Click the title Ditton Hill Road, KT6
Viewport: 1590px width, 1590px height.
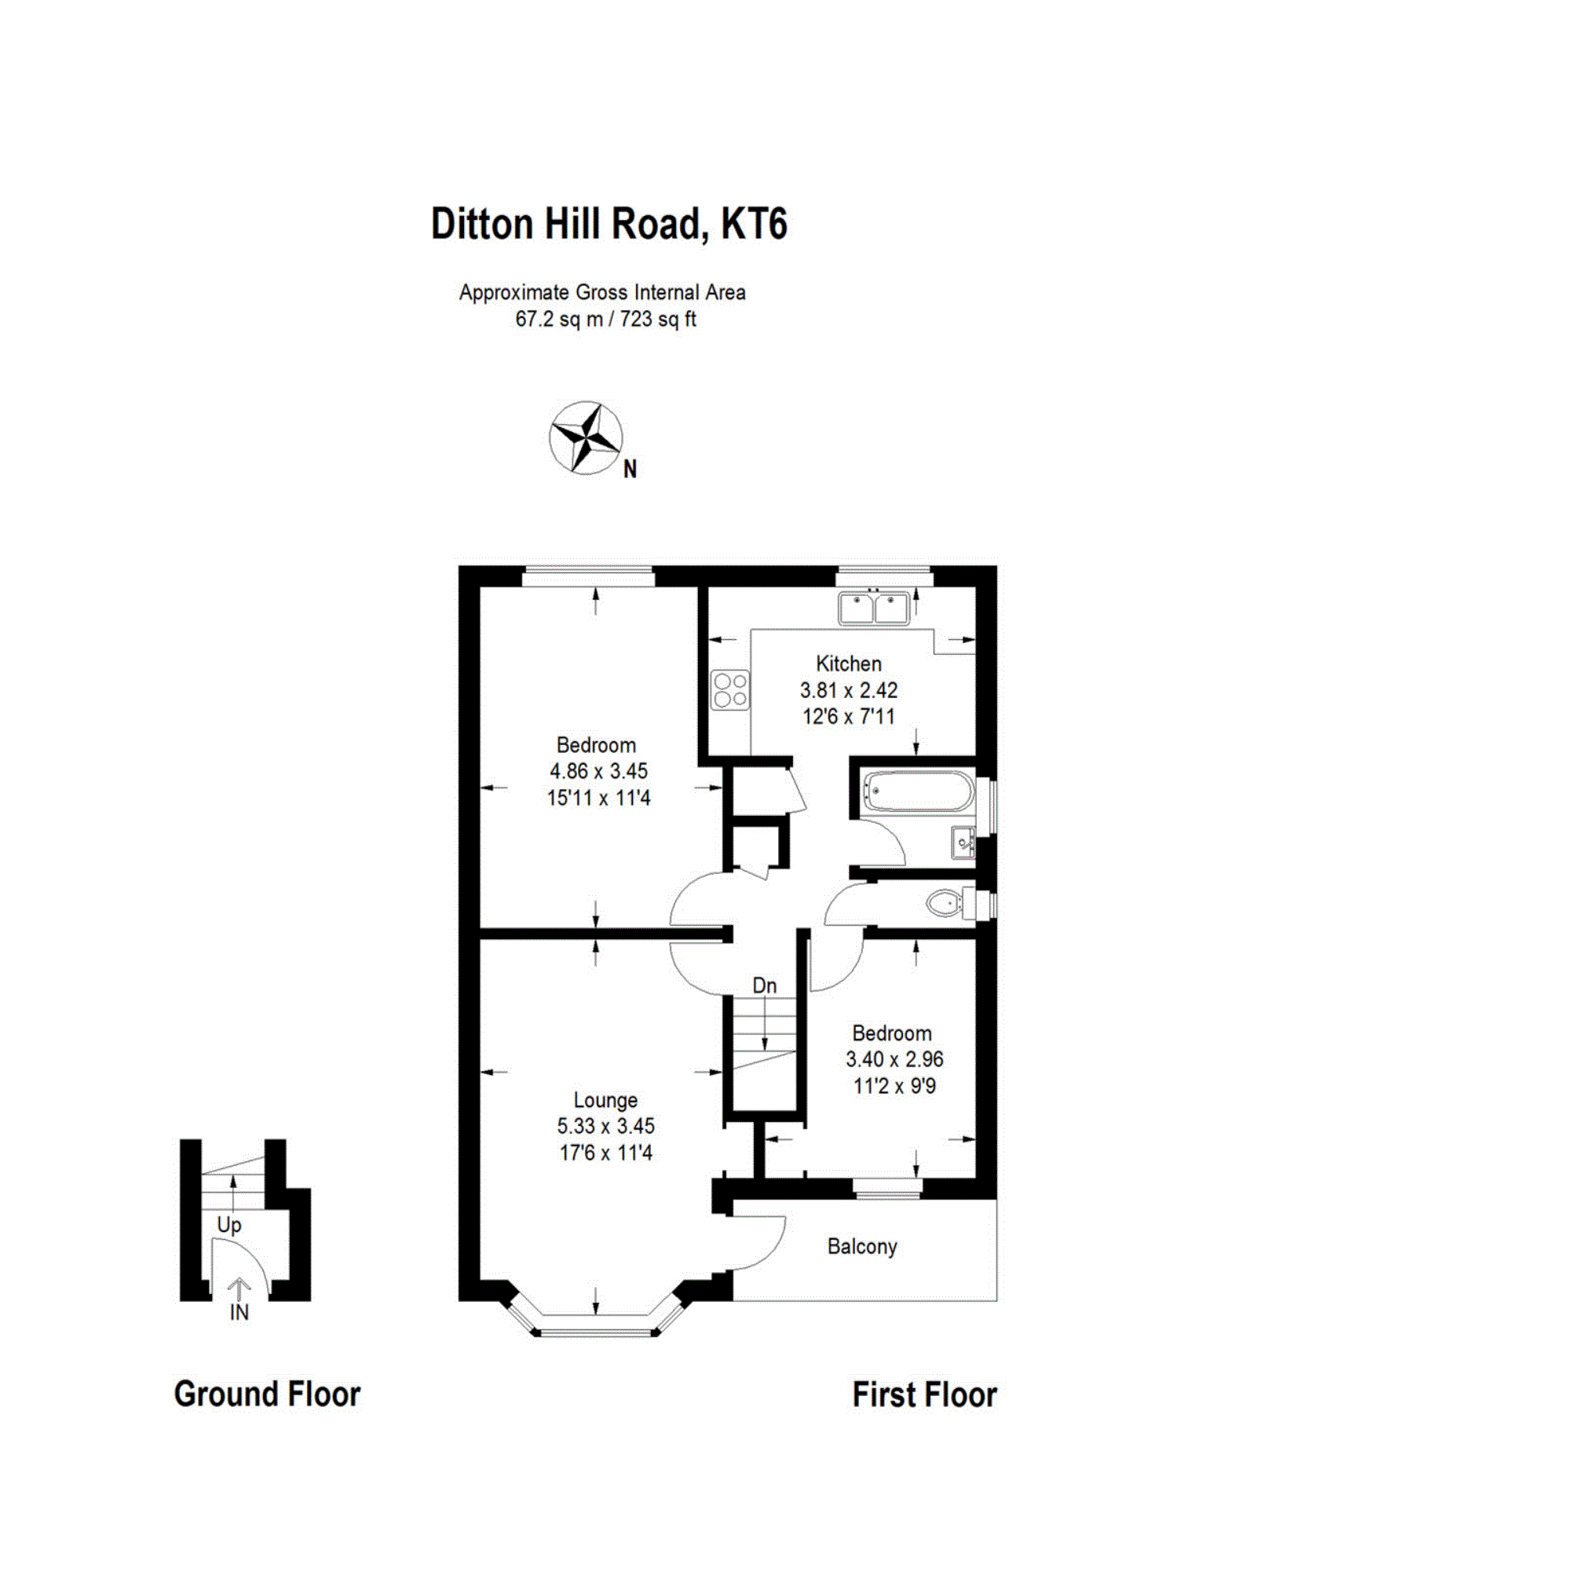[x=609, y=224]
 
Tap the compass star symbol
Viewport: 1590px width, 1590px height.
[x=585, y=438]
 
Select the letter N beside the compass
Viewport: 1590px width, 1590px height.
[x=630, y=469]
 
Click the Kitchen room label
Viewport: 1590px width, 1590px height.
[x=849, y=663]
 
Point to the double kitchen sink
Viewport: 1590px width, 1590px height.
[x=874, y=609]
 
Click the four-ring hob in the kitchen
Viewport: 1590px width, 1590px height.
[x=731, y=689]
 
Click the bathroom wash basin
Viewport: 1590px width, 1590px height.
[x=963, y=842]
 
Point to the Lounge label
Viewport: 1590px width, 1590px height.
[x=605, y=1100]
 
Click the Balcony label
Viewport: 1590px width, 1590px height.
[x=861, y=1247]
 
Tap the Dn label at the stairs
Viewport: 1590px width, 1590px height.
[x=765, y=985]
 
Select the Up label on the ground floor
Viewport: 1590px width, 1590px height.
[x=228, y=1226]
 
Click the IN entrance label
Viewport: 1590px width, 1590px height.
[x=239, y=1313]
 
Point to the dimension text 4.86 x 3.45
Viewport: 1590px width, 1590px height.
[x=598, y=771]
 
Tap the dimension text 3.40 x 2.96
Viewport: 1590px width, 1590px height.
[x=894, y=1059]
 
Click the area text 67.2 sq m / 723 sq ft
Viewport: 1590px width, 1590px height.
[x=605, y=320]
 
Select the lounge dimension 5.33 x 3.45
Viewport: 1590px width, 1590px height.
[x=605, y=1126]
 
